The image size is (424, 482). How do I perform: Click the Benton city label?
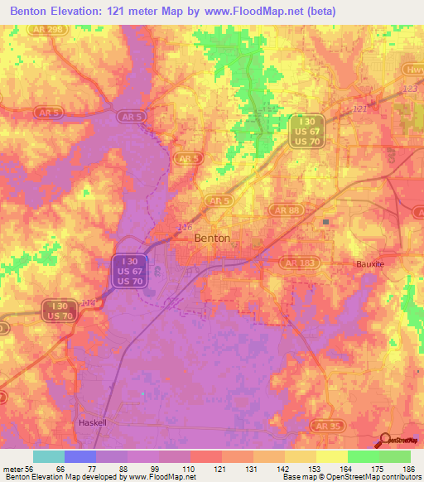tap(211, 238)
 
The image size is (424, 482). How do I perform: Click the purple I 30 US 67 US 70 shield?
tap(127, 272)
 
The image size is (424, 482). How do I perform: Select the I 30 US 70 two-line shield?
tap(58, 311)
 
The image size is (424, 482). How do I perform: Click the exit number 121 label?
tap(359, 109)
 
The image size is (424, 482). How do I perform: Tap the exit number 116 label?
tap(185, 225)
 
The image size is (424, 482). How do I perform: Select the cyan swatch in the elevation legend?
tap(49, 456)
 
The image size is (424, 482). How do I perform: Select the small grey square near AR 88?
tap(326, 222)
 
